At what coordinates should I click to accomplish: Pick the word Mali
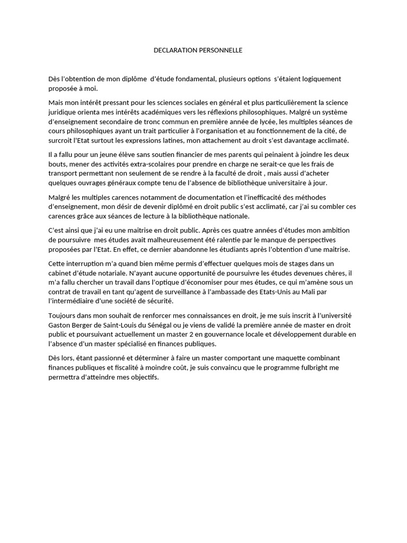tap(328, 292)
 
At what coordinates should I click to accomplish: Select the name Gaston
tap(59, 325)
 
